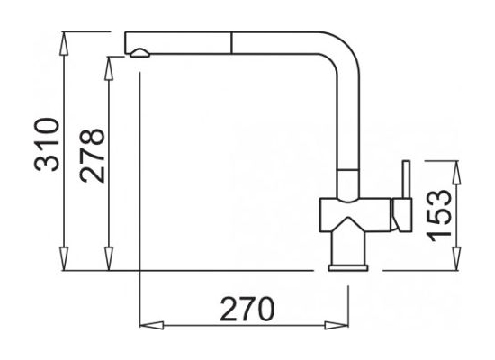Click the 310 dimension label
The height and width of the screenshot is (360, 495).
pyautogui.click(x=47, y=144)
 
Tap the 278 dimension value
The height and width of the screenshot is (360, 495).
pyautogui.click(x=92, y=156)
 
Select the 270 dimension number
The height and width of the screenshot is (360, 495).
pyautogui.click(x=247, y=309)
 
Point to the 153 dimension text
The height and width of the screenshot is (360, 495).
pyautogui.click(x=439, y=215)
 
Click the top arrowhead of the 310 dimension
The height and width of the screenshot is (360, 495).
pyautogui.click(x=64, y=43)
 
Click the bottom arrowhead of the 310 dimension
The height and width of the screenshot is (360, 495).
pyautogui.click(x=64, y=258)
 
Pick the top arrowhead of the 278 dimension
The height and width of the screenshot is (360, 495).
pyautogui.click(x=109, y=68)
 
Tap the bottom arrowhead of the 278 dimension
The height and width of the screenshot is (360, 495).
pyautogui.click(x=109, y=258)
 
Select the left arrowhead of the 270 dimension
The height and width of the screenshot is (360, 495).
pyautogui.click(x=151, y=325)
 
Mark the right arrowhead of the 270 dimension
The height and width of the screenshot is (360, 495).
pyautogui.click(x=337, y=325)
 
